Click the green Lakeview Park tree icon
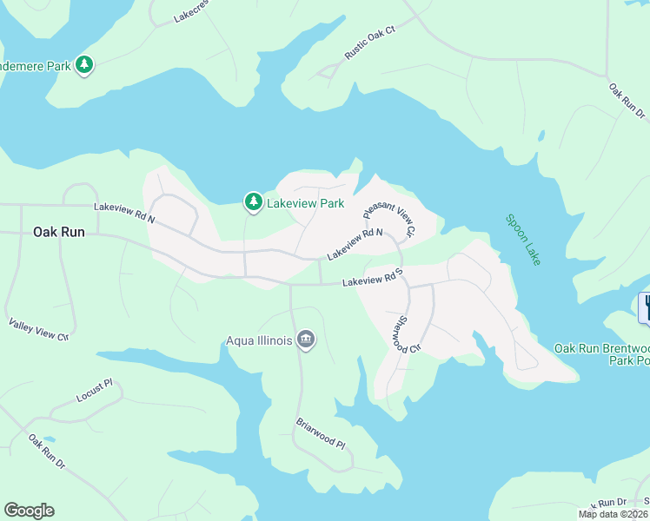coord(253,202)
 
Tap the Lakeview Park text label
coord(305,203)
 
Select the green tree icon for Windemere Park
coord(84,64)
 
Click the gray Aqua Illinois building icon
coord(305,339)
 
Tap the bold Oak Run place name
coord(59,232)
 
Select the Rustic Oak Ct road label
coord(369,43)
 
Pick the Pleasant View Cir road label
coord(390,218)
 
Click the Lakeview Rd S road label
coord(375,280)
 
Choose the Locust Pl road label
coord(95,390)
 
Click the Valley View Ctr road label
coord(38,329)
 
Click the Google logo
coord(29,511)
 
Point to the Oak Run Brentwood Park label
coord(601,354)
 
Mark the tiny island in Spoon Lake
coord(541,135)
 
